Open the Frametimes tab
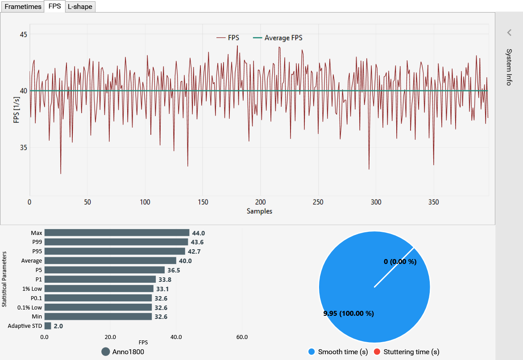point(23,7)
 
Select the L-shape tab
point(80,7)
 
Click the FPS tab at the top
point(54,7)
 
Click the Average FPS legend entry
point(278,38)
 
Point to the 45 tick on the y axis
point(23,34)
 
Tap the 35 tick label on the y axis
point(23,148)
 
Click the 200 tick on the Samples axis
point(261,202)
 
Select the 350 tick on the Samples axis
point(434,202)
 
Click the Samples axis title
point(259,211)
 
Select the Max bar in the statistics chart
point(116,233)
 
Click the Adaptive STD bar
point(48,326)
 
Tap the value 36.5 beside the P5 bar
point(174,270)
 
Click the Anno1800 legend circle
point(106,352)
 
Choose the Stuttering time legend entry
point(407,352)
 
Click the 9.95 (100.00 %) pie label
point(349,313)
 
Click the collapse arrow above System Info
point(509,32)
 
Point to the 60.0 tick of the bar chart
point(242,337)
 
